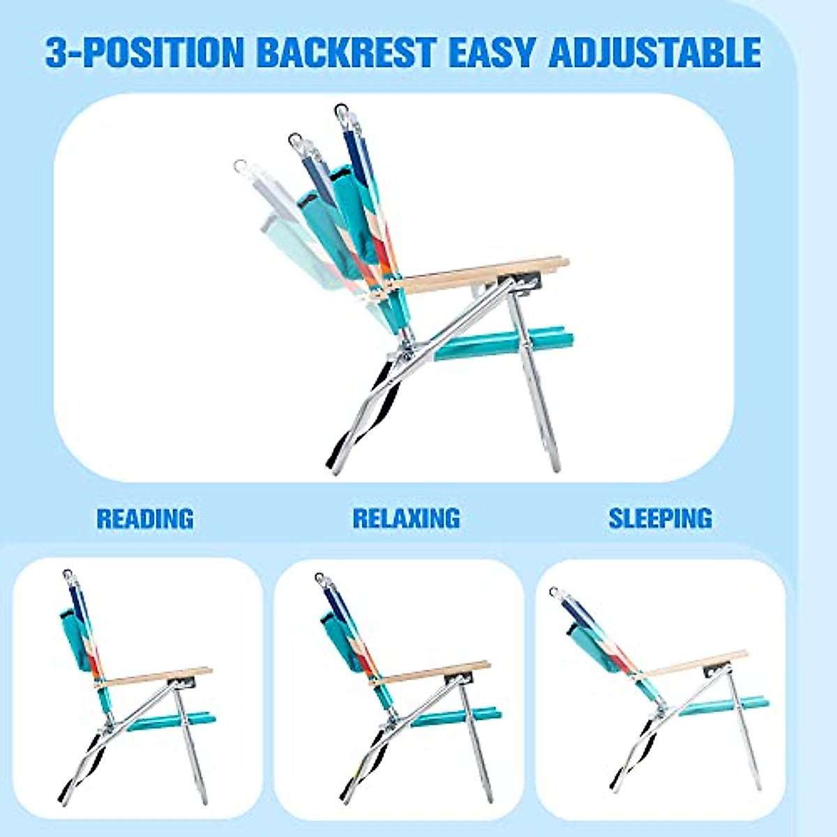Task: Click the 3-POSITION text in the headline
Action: tap(145, 53)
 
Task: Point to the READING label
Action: tap(145, 519)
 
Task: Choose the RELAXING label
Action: tap(406, 518)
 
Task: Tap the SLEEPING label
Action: tap(660, 518)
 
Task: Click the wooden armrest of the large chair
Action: tap(481, 274)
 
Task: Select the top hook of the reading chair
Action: tap(68, 576)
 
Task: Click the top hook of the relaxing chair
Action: tap(321, 579)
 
